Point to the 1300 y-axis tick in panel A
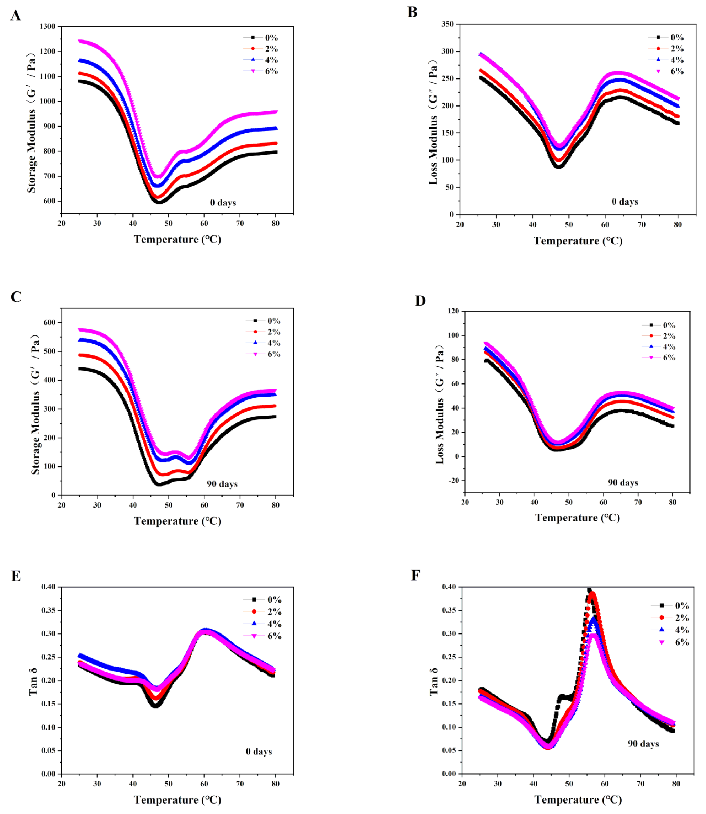coord(47,26)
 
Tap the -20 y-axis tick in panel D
coord(453,480)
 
